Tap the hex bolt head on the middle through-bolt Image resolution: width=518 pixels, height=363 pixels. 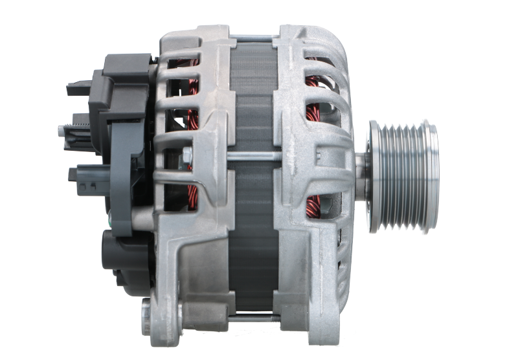[x=188, y=155]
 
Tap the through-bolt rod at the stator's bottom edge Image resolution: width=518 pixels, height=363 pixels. [x=253, y=318]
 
